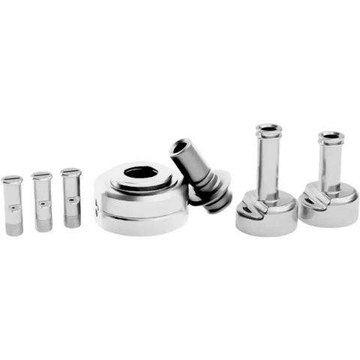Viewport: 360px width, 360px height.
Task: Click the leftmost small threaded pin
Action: (x=13, y=204)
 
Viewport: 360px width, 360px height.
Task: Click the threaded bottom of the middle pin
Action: (x=42, y=223)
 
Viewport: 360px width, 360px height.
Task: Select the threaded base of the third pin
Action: (x=70, y=218)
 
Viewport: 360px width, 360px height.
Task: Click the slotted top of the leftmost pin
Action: (x=13, y=178)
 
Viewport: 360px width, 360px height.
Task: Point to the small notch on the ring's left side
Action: (x=96, y=202)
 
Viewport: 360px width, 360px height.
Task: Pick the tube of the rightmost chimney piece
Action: (x=329, y=165)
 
